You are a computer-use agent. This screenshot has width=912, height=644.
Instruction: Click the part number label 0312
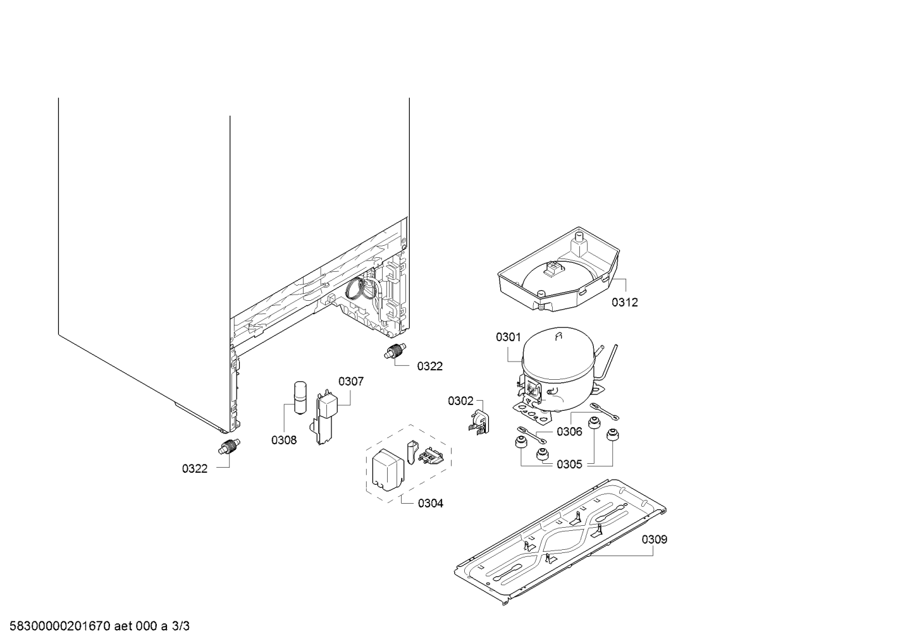[625, 302]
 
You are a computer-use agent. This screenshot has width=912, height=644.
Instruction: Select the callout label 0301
[508, 337]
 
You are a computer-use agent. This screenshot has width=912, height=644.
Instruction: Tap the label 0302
[460, 401]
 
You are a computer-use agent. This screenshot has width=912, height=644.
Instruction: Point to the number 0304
[430, 503]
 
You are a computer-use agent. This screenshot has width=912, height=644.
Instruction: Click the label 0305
[569, 464]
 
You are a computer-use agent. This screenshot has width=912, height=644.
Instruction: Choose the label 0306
[569, 431]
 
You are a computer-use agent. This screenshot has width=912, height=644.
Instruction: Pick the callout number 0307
[351, 381]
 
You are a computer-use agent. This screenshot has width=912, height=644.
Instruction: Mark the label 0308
[284, 440]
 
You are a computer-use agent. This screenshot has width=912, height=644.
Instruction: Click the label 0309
[655, 540]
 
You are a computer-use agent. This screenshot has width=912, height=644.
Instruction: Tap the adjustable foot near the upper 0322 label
[395, 351]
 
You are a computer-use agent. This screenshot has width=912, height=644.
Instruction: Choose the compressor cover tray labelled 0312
[558, 269]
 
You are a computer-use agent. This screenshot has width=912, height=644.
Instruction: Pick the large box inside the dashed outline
[388, 470]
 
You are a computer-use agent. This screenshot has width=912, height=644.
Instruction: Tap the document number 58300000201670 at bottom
[60, 626]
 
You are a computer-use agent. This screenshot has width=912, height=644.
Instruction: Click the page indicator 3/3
[180, 626]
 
